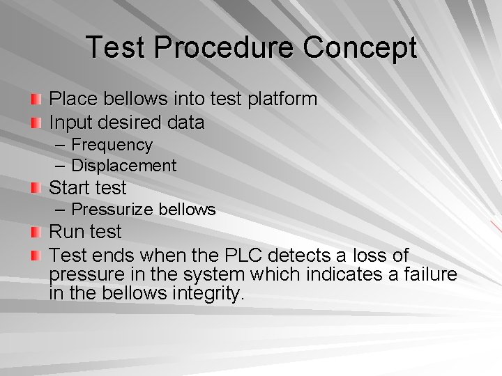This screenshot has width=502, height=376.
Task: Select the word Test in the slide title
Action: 116,48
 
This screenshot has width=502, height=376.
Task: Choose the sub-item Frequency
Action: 112,145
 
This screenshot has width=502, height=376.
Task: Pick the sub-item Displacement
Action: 124,166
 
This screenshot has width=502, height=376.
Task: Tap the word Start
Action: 70,188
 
